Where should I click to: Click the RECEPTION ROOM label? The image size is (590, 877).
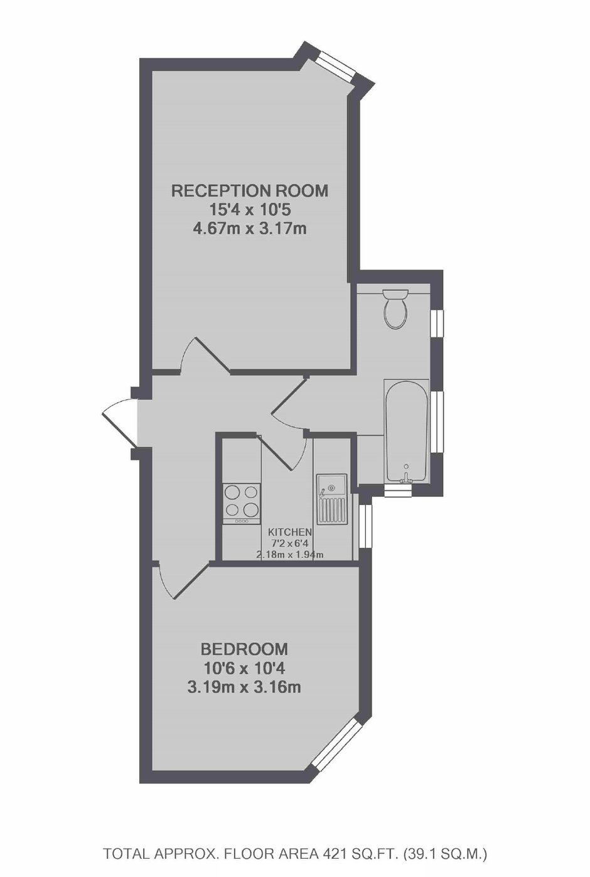point(250,190)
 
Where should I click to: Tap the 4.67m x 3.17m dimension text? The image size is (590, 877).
point(250,228)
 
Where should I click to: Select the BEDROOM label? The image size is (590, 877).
point(244,648)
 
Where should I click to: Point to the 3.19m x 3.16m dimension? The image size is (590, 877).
point(244,687)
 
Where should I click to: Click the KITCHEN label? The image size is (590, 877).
point(290,532)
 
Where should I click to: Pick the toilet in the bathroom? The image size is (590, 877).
point(395,308)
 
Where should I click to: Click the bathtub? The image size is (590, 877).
point(407,430)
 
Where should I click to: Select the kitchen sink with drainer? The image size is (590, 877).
point(332,499)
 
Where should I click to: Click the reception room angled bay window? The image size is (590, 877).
point(335,66)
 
